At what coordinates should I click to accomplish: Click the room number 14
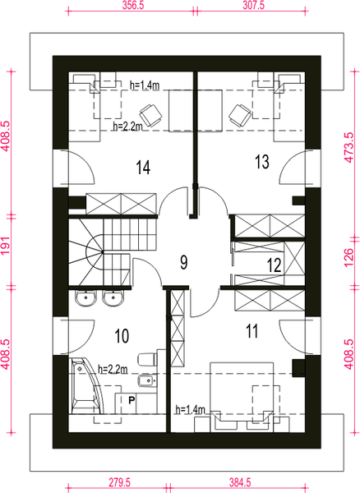[143, 167]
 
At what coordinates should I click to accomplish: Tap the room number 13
[262, 162]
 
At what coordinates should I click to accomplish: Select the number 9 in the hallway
[184, 262]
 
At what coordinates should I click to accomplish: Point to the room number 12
[275, 265]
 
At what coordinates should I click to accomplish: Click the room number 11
[252, 331]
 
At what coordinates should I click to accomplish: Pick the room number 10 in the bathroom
[122, 336]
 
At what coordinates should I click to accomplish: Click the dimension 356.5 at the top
[133, 6]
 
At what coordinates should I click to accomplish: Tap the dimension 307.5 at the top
[253, 6]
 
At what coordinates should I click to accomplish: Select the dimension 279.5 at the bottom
[119, 482]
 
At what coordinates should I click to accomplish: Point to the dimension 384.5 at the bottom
[240, 482]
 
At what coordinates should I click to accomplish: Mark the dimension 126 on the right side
[349, 257]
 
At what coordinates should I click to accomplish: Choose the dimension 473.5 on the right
[349, 147]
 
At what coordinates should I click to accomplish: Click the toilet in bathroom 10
[148, 359]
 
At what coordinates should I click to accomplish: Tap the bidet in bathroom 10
[147, 381]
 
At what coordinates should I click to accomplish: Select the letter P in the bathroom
[132, 400]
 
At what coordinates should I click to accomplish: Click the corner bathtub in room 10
[85, 386]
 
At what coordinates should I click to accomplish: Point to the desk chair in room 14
[151, 115]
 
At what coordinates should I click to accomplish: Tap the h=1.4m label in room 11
[190, 410]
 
